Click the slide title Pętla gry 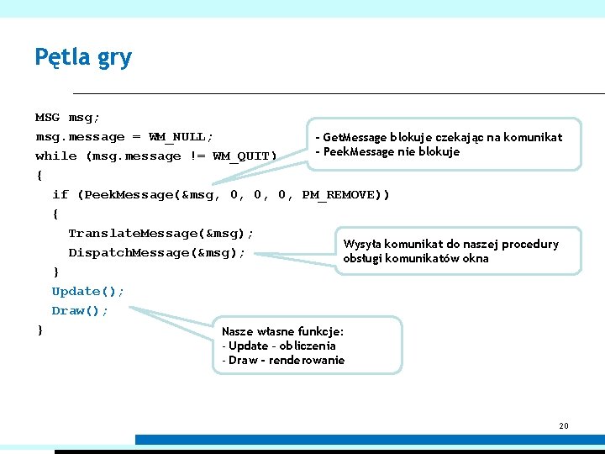[83, 57]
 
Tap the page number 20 [564, 426]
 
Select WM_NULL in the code [180, 136]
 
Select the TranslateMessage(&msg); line [160, 233]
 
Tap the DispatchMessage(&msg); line [157, 252]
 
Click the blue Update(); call [88, 291]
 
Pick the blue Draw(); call [80, 310]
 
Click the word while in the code [55, 156]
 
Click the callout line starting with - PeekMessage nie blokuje [387, 152]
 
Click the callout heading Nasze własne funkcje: [282, 331]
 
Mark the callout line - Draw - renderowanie [283, 360]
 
